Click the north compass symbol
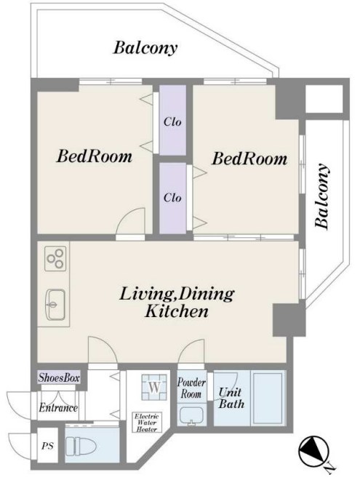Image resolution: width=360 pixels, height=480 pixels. [x=313, y=452]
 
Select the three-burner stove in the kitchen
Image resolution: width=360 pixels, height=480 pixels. [x=55, y=259]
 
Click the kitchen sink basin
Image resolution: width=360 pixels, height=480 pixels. [x=55, y=304]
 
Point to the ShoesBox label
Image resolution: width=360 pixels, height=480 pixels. [x=59, y=377]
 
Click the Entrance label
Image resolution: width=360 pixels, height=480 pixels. [x=58, y=408]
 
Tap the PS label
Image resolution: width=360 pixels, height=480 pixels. [x=47, y=446]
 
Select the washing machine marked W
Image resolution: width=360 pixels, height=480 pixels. [x=154, y=387]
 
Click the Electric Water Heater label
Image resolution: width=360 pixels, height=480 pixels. [x=147, y=423]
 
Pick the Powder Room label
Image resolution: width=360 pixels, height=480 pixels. [x=191, y=388]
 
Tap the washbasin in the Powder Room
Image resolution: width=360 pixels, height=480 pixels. [x=191, y=416]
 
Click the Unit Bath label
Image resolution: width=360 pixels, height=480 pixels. [x=231, y=398]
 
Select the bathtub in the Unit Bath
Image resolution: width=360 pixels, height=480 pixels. [x=268, y=398]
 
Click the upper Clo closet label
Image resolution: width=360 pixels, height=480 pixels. [x=172, y=122]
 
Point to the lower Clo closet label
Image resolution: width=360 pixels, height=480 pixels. [x=172, y=197]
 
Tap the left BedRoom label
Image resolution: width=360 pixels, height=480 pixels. [x=95, y=156]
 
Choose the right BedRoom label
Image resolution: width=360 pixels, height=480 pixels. [x=249, y=159]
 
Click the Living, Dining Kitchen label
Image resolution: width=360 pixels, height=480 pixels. [x=177, y=302]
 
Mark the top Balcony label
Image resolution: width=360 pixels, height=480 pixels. [x=145, y=48]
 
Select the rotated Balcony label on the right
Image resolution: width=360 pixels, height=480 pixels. [x=322, y=196]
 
